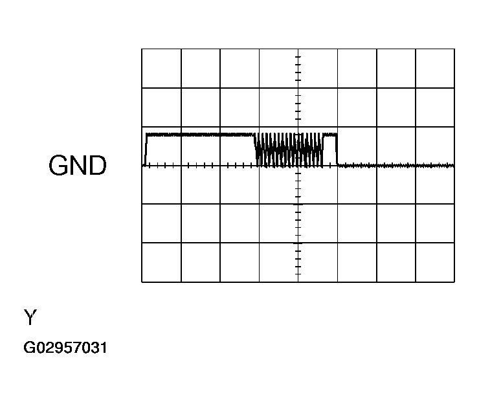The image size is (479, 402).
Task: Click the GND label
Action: pyautogui.click(x=78, y=165)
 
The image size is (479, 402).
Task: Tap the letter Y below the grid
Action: pyautogui.click(x=30, y=317)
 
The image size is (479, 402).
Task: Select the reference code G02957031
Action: pyautogui.click(x=65, y=348)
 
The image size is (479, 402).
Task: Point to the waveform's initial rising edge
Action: pyautogui.click(x=146, y=150)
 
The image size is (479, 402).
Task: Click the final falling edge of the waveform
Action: pyautogui.click(x=337, y=150)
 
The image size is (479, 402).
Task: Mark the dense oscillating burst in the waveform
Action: pyautogui.click(x=289, y=150)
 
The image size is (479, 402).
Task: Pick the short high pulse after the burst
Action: pyautogui.click(x=329, y=135)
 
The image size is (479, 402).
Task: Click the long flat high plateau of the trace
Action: pyautogui.click(x=200, y=135)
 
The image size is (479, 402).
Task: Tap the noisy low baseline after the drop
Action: pyautogui.click(x=396, y=166)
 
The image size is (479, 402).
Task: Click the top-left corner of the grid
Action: pyautogui.click(x=142, y=49)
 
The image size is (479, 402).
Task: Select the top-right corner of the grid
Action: pyautogui.click(x=454, y=49)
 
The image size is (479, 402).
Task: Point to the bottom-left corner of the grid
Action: pyautogui.click(x=142, y=282)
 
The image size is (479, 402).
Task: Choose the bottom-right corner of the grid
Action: pyautogui.click(x=454, y=282)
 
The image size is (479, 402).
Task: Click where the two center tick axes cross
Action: pyautogui.click(x=298, y=166)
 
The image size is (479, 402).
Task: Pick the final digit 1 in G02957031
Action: pyautogui.click(x=103, y=348)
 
